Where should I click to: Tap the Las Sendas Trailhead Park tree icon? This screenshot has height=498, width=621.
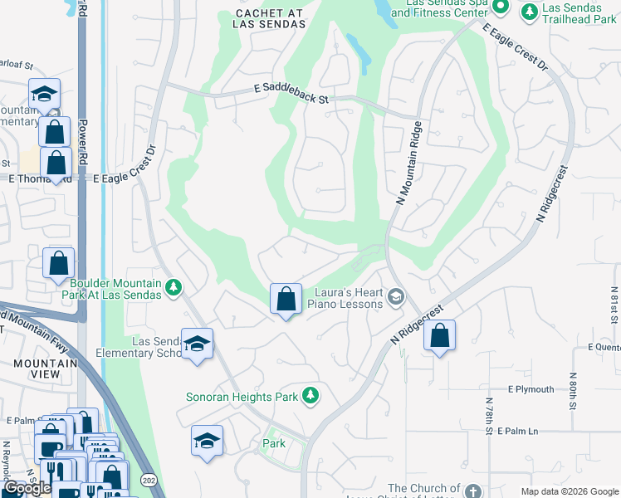pyautogui.click(x=528, y=12)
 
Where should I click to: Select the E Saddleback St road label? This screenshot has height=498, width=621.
pyautogui.click(x=291, y=98)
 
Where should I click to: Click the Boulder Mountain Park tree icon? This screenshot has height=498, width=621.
pyautogui.click(x=173, y=288)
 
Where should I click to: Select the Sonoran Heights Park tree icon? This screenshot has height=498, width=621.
pyautogui.click(x=310, y=396)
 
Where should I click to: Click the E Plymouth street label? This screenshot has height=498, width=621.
pyautogui.click(x=531, y=389)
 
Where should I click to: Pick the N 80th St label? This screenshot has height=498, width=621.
pyautogui.click(x=573, y=392)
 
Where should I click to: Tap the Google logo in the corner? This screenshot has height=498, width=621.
pyautogui.click(x=27, y=488)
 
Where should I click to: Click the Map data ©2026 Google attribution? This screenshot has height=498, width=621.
pyautogui.click(x=569, y=491)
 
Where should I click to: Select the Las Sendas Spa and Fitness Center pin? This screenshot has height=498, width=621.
pyautogui.click(x=500, y=8)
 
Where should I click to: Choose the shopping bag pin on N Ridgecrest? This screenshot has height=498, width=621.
pyautogui.click(x=440, y=336)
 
